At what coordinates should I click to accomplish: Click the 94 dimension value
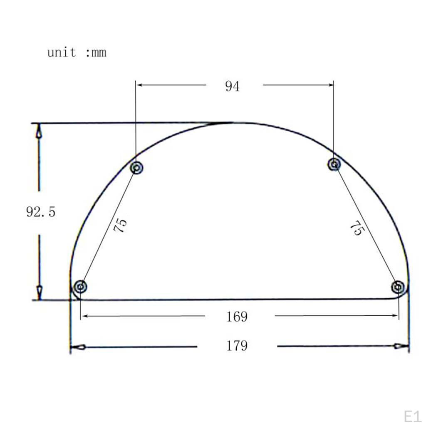click(232, 86)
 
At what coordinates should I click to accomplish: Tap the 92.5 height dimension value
click(40, 212)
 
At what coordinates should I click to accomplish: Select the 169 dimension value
click(237, 317)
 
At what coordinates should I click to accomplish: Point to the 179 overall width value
click(237, 346)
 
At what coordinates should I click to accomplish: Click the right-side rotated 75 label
click(356, 228)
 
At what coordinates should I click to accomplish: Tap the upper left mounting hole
click(137, 168)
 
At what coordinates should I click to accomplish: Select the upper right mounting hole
click(334, 164)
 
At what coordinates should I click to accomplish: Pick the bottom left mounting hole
click(80, 286)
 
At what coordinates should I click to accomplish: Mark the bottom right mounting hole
click(398, 287)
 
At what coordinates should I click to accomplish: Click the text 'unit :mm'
click(77, 53)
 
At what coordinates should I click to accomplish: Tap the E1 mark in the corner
click(413, 416)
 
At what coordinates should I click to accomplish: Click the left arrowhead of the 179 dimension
click(78, 347)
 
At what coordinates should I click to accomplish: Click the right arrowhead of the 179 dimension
click(401, 346)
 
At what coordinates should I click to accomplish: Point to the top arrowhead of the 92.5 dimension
click(39, 131)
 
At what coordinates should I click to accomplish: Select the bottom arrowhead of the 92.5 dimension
click(39, 291)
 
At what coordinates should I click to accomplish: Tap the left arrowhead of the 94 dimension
click(140, 85)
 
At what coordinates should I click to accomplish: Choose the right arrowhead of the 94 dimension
click(330, 85)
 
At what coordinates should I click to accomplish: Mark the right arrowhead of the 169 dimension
click(395, 316)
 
